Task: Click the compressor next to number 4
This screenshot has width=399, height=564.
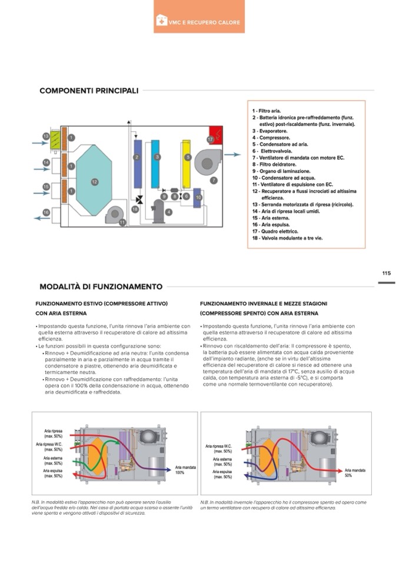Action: [x=159, y=211]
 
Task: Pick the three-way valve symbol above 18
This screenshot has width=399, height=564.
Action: [x=139, y=199]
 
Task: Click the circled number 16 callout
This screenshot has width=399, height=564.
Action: [x=46, y=212]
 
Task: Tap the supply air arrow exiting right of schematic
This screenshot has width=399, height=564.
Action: [x=233, y=154]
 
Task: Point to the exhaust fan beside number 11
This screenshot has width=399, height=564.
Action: [x=114, y=216]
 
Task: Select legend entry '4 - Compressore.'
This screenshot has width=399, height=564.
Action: [x=270, y=138]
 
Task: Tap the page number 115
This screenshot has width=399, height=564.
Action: [x=386, y=273]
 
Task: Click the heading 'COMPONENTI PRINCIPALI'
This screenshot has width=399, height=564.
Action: [x=89, y=91]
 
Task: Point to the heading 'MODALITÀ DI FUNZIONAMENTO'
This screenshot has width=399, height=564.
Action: [x=101, y=287]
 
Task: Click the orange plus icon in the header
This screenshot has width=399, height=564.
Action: [x=161, y=22]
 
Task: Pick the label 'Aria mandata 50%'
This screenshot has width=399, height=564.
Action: [x=355, y=472]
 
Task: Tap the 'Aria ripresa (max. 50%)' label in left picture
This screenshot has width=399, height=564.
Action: [x=53, y=433]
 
